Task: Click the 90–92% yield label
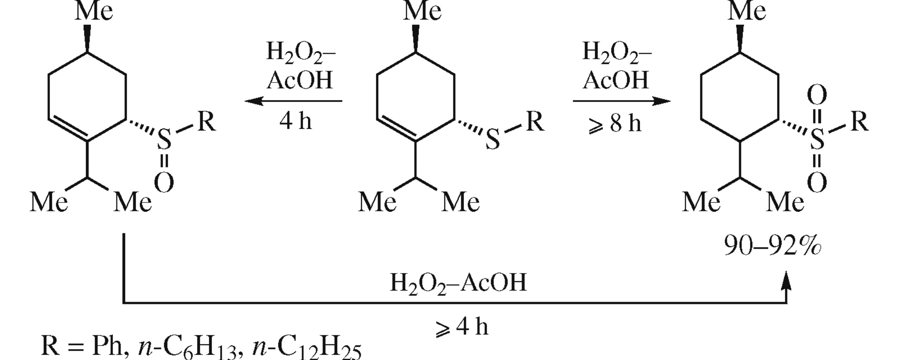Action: coord(772,246)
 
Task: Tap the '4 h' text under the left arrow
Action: coord(296,121)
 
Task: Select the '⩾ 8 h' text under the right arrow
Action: coord(615,123)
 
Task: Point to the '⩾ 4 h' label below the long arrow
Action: coord(461,327)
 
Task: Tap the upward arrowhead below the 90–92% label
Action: coord(786,281)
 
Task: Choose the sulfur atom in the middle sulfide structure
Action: coord(492,141)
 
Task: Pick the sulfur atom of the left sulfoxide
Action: coord(164,140)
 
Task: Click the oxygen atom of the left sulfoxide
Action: coord(164,182)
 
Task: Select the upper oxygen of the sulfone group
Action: coord(817,95)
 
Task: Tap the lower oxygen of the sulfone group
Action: coord(817,182)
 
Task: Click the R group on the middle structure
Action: coord(535,121)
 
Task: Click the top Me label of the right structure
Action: coord(747,11)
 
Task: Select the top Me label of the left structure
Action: coord(93,11)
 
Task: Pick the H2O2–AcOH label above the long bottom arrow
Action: coord(458,283)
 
